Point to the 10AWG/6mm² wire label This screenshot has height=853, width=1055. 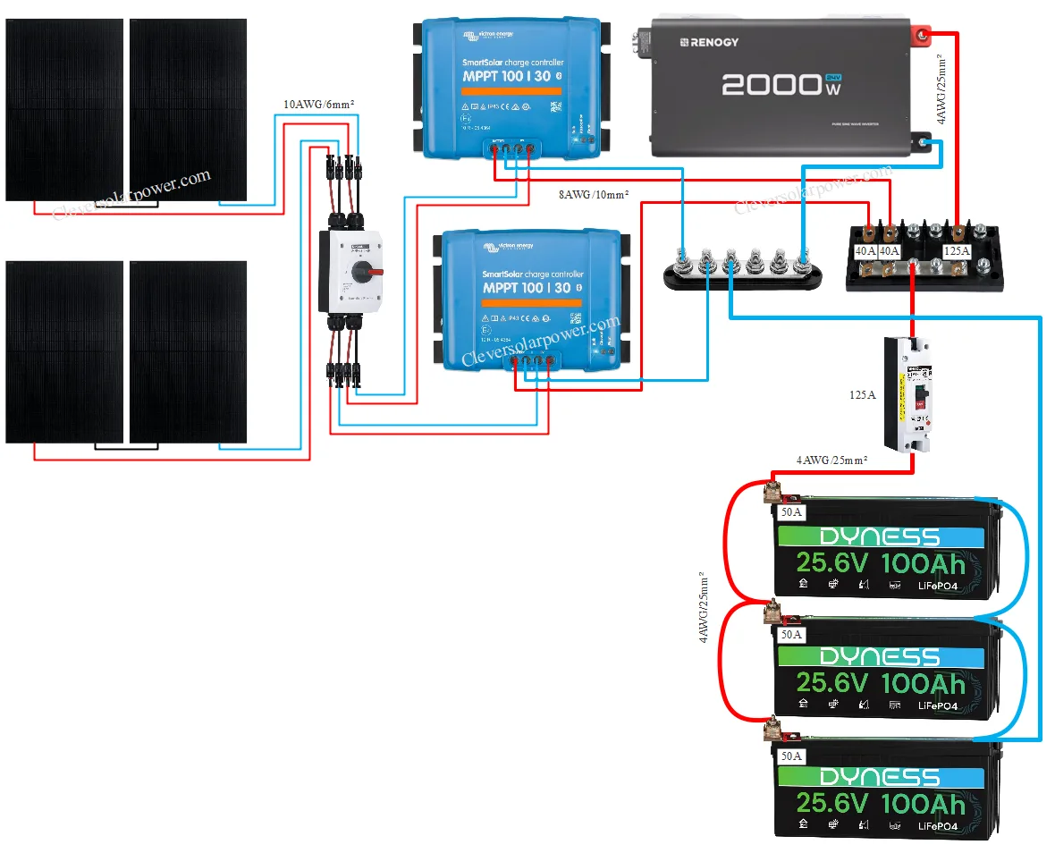click(x=318, y=105)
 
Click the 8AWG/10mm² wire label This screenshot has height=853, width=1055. click(x=593, y=193)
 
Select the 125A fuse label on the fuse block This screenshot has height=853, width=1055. click(x=956, y=252)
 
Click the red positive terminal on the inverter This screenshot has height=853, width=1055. click(x=920, y=36)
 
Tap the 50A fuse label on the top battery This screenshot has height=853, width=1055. click(x=791, y=513)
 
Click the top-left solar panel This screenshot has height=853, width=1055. click(x=64, y=109)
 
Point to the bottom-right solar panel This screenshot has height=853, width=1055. click(x=188, y=351)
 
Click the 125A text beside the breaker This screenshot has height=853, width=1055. click(x=864, y=393)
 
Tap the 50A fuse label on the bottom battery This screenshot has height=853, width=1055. click(x=791, y=756)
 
